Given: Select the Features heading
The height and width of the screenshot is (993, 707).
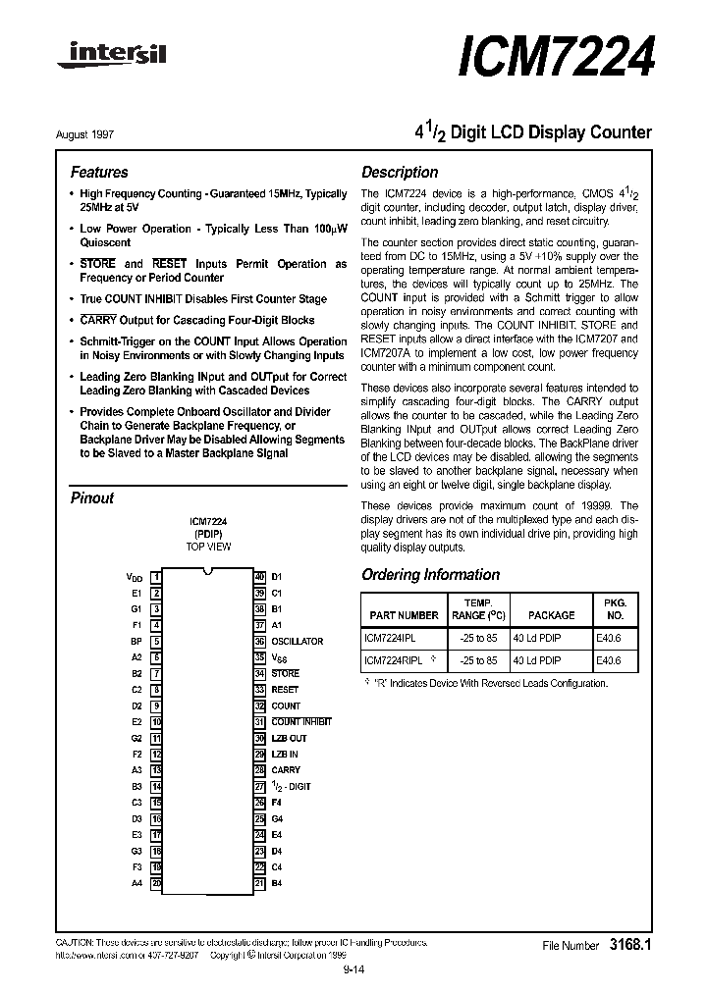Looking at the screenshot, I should [x=99, y=172].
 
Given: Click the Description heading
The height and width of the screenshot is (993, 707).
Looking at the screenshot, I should [x=400, y=172].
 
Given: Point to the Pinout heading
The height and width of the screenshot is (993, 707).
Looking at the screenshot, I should [x=92, y=497].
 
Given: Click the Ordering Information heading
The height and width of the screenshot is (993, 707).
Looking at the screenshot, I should [x=430, y=575].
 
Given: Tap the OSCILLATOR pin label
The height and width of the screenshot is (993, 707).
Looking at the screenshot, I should [x=297, y=641].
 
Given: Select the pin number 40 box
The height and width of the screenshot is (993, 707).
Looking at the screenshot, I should [x=259, y=577].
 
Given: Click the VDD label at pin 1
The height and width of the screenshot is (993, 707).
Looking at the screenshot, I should [x=135, y=577].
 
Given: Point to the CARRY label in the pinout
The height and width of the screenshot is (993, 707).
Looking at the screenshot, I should [x=286, y=770].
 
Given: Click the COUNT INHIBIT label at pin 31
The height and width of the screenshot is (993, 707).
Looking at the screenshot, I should [x=301, y=722].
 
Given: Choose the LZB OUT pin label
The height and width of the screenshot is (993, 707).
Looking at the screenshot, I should [x=289, y=738].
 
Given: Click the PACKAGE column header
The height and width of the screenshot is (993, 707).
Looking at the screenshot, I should [x=551, y=615].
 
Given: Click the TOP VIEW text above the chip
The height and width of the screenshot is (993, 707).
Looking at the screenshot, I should [x=208, y=547].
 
